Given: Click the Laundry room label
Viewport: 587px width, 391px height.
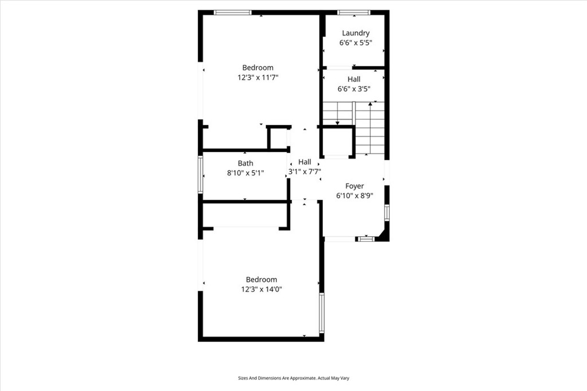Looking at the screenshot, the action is tap(355, 33).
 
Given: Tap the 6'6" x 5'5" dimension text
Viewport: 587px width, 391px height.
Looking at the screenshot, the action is tap(355, 42).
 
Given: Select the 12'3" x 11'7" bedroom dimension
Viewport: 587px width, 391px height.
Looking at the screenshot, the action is tap(258, 77).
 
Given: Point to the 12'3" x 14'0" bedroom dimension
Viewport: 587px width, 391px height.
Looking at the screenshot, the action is tap(261, 289).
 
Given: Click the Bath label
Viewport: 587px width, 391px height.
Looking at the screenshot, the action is tap(245, 163).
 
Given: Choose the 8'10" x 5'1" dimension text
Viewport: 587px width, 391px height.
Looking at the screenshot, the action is tap(245, 173).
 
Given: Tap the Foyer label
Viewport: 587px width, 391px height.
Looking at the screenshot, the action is tap(354, 186).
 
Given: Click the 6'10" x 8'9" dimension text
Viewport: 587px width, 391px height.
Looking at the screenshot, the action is tap(354, 196).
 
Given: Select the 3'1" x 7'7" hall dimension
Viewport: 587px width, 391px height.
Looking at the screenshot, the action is tap(305, 172).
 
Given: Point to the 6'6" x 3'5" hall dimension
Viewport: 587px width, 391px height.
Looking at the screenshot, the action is tap(354, 89).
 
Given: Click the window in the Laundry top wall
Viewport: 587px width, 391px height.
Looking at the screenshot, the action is tap(354, 13).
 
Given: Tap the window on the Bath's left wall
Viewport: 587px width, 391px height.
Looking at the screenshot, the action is tap(200, 175).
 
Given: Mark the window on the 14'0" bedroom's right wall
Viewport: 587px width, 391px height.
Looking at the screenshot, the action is tap(322, 313).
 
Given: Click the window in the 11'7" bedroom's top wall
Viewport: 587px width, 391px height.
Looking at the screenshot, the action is tap(233, 13).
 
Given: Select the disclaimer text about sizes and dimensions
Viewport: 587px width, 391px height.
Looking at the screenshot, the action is tap(293, 378).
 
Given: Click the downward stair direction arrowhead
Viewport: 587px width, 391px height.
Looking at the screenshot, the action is tap(337, 123).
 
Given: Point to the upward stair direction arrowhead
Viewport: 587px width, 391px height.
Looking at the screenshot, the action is tap(370, 103).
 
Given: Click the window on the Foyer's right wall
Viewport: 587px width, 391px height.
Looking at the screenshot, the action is tap(387, 212).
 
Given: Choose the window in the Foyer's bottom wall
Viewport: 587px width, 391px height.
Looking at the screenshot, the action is tap(365, 238).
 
